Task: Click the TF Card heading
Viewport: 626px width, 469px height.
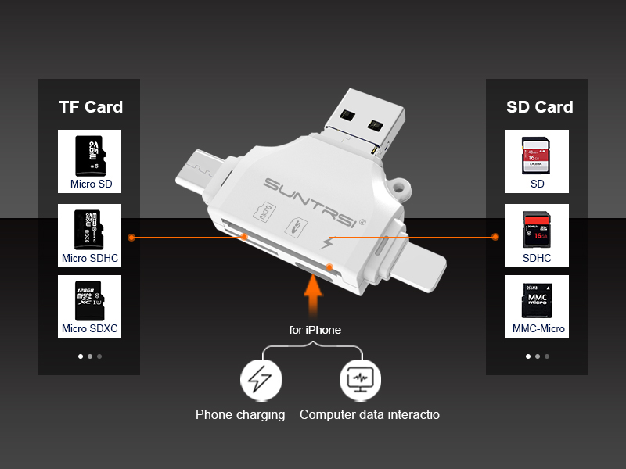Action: [90, 107]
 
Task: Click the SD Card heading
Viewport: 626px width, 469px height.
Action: [539, 107]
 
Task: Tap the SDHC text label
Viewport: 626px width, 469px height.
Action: [537, 258]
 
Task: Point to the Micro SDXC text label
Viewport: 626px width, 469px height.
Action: [90, 329]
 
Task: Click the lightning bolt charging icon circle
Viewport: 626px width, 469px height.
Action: [260, 380]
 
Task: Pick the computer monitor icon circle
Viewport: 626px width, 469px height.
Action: [360, 380]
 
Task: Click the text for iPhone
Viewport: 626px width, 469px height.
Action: [315, 330]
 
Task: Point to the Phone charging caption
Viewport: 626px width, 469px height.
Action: [240, 415]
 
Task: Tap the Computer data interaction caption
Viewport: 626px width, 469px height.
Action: [369, 415]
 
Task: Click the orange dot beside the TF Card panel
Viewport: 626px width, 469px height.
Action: [132, 236]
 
